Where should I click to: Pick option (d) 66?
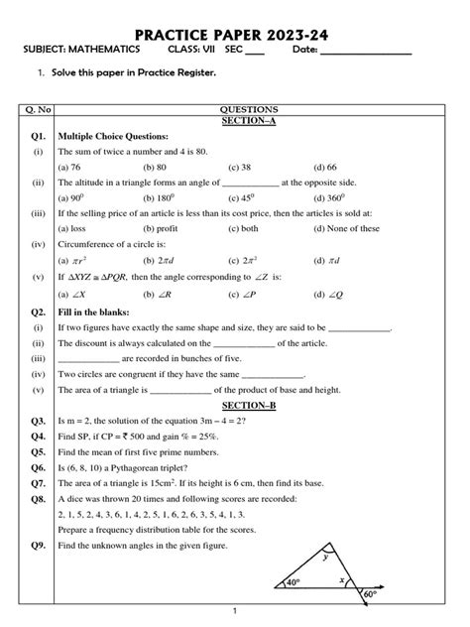pyautogui.click(x=326, y=168)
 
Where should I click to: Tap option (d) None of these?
pyautogui.click(x=347, y=228)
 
